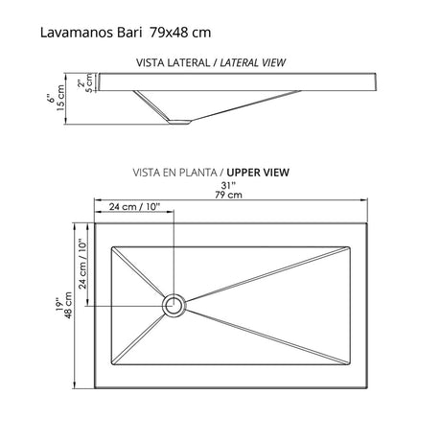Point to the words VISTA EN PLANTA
click(170, 174)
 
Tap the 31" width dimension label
click(227, 186)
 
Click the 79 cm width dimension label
click(227, 197)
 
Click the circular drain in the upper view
click(174, 305)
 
